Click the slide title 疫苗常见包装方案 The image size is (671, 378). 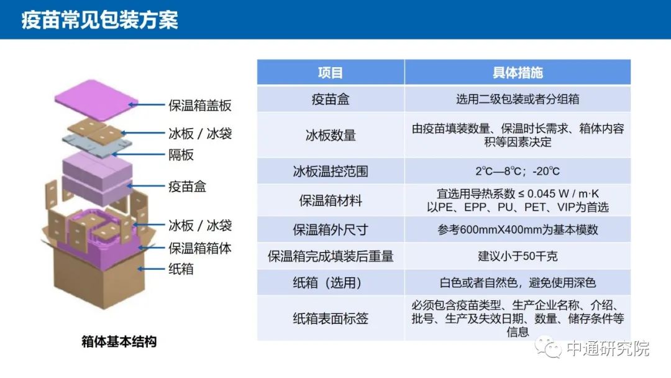coord(99,20)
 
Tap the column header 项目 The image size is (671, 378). coord(331,73)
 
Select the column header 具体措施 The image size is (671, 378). coord(518,73)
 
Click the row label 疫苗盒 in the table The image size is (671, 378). coord(331,99)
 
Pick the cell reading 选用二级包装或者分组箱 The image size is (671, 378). coord(518,99)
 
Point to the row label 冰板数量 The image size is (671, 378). coord(331,136)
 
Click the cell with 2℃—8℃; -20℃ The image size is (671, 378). coord(518,171)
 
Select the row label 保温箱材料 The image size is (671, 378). coord(331,200)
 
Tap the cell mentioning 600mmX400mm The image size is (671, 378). coord(518,230)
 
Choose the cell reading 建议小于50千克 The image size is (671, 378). coord(518,256)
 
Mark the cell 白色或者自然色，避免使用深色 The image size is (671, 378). coord(518,283)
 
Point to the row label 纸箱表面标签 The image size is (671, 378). coord(331,318)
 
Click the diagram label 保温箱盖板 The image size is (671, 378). coord(200,105)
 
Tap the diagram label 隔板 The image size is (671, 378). coord(181,155)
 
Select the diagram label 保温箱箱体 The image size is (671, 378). coord(200,248)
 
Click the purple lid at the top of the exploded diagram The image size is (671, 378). coord(96,99)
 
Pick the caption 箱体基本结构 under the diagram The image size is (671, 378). coord(119,342)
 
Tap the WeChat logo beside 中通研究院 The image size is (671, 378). coord(548,348)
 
